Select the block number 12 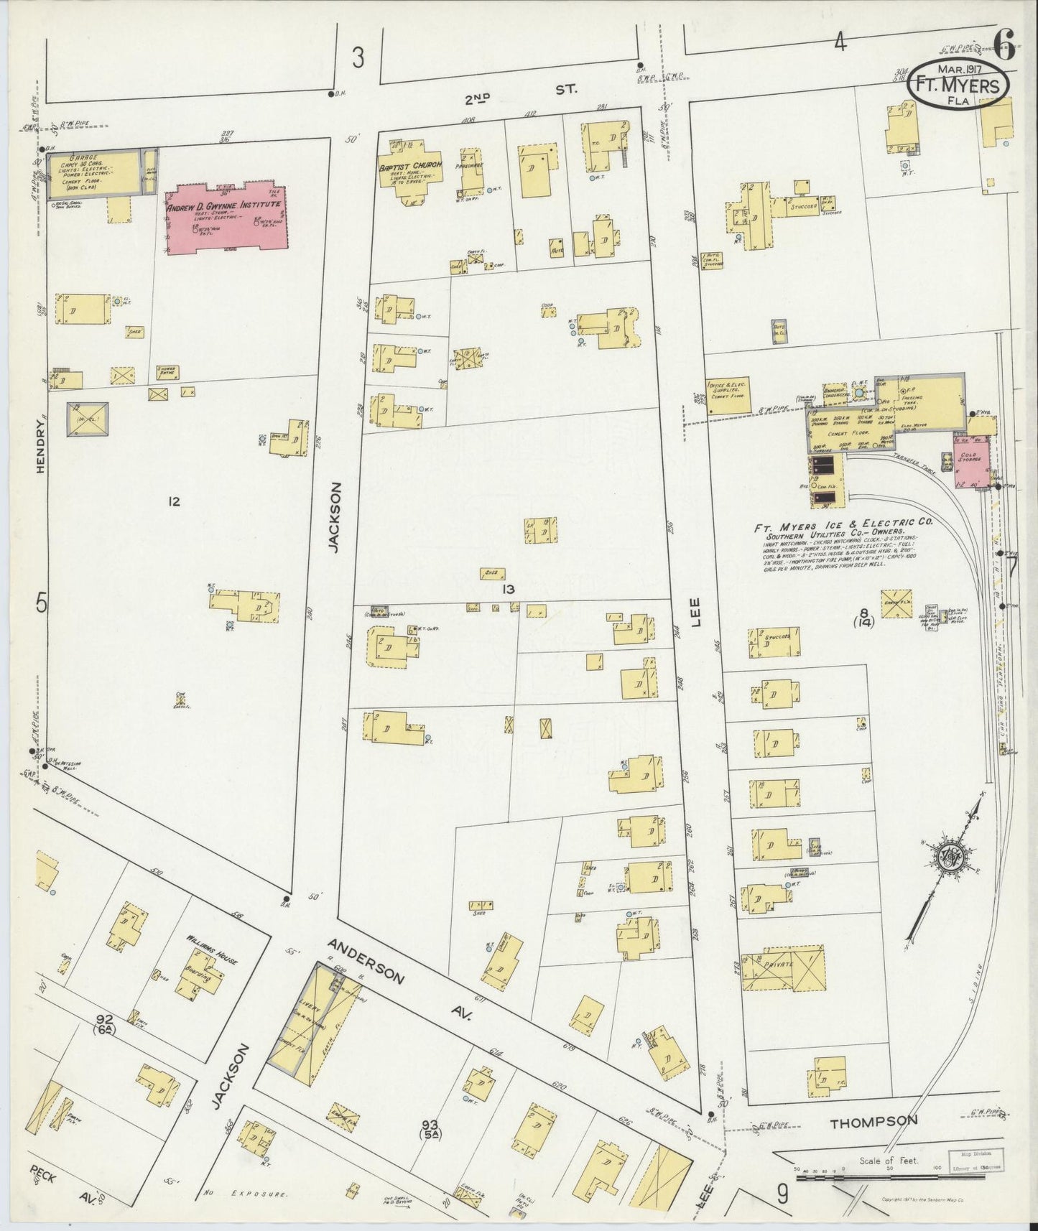173,501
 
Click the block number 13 509,589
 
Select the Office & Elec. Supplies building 729,395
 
